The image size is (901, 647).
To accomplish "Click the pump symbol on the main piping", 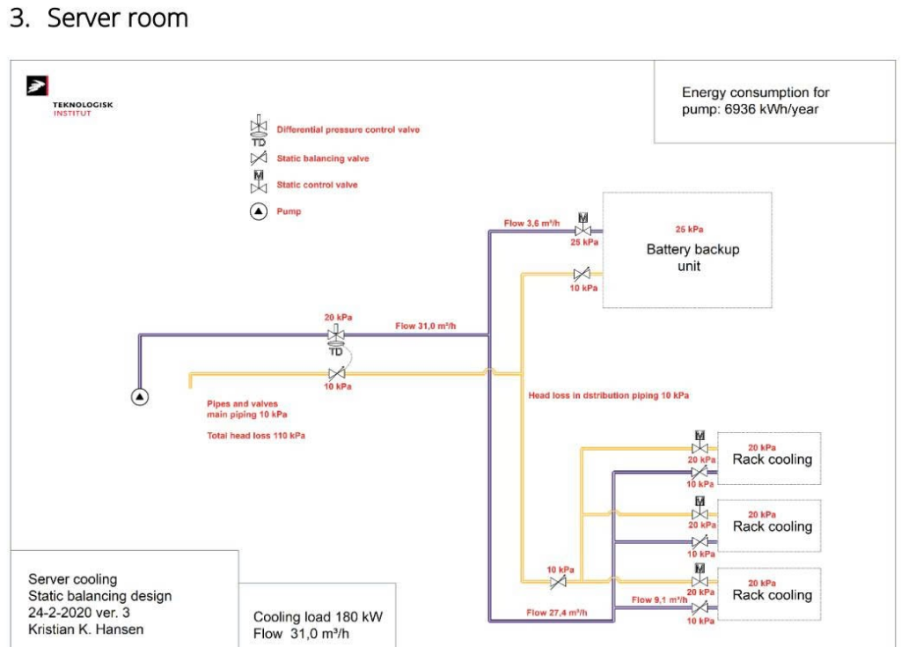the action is click(140, 397).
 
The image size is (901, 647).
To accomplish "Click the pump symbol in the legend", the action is click(259, 211).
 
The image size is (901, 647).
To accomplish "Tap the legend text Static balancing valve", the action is click(322, 158).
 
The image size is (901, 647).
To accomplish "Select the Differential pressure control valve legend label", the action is click(348, 130).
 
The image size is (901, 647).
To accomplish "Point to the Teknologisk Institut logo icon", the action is click(37, 85).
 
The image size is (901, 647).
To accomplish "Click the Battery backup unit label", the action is click(692, 257).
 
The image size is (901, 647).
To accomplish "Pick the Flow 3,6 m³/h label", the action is click(531, 223).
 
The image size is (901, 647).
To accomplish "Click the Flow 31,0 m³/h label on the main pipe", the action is click(425, 326).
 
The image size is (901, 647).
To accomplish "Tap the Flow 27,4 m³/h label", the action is click(557, 613).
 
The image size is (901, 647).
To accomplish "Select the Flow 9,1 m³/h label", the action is click(659, 599).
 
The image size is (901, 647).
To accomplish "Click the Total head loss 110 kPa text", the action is click(256, 436).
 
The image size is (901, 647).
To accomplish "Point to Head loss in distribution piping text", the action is click(609, 395).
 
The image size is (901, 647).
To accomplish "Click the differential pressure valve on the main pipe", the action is click(336, 339).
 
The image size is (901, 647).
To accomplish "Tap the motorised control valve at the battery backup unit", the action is click(582, 224).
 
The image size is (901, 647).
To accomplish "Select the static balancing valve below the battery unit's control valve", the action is click(582, 274).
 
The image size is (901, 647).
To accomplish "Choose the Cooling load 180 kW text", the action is click(318, 617).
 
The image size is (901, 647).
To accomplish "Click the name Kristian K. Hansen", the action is click(85, 629).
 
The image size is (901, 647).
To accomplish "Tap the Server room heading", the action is click(118, 18).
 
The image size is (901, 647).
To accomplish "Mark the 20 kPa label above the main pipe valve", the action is click(338, 318).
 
